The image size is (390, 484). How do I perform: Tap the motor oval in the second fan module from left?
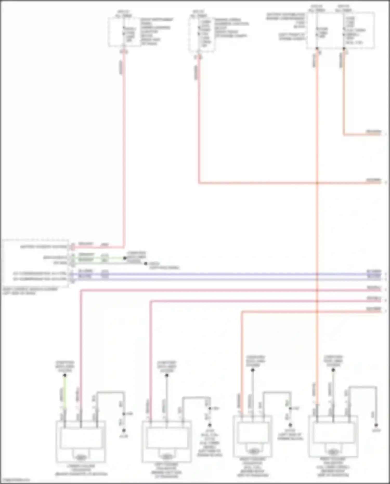(x=167, y=456)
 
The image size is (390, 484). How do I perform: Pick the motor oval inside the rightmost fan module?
(x=333, y=452)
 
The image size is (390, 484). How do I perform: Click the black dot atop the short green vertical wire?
(x=65, y=375)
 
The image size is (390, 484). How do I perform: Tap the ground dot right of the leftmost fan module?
(x=124, y=431)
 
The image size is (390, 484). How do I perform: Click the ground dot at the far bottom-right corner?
(x=376, y=425)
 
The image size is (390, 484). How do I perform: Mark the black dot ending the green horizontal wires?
(x=125, y=258)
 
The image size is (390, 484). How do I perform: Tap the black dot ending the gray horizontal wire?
(x=146, y=263)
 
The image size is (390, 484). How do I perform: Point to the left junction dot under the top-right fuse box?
(x=317, y=49)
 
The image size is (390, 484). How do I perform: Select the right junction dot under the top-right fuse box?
(x=344, y=49)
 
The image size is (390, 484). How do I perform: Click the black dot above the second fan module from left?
(x=167, y=375)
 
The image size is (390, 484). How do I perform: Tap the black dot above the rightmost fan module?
(x=333, y=370)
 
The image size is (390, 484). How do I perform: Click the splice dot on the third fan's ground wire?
(x=290, y=409)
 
